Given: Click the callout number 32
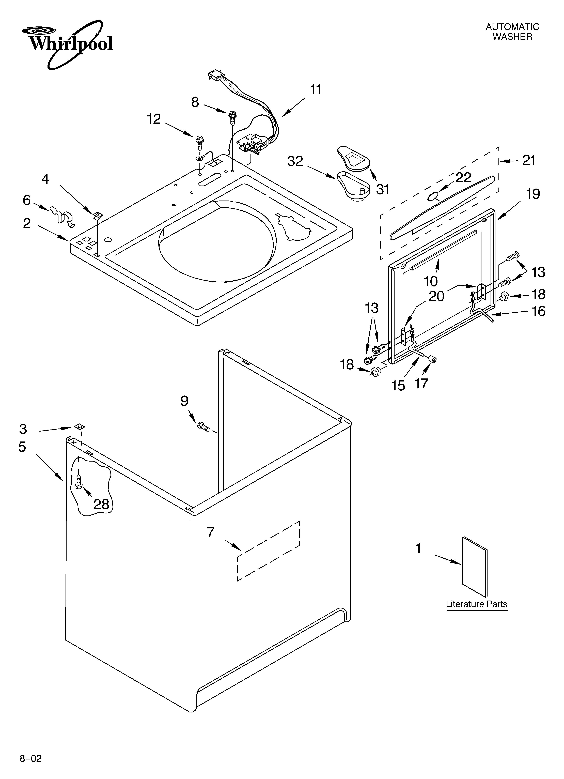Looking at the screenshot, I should point(295,161).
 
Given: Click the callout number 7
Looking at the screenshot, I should point(211,532).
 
